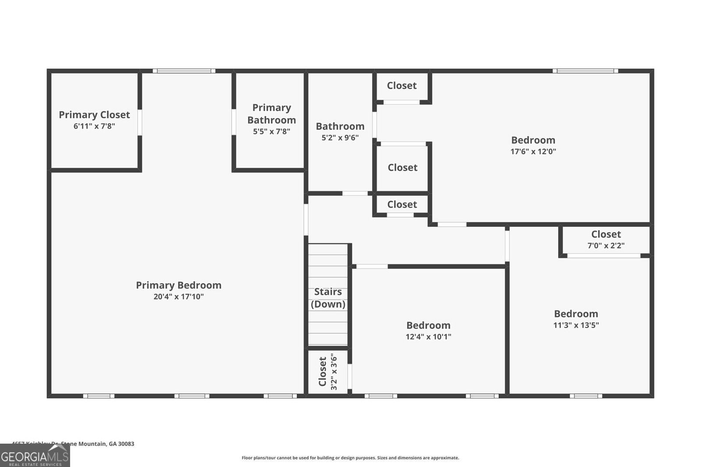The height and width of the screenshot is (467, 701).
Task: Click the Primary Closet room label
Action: pyautogui.click(x=94, y=115)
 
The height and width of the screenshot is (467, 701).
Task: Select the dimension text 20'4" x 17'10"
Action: pyautogui.click(x=178, y=297)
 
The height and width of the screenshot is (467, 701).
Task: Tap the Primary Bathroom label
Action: pyautogui.click(x=271, y=114)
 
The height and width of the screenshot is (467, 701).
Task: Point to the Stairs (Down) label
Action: pyautogui.click(x=328, y=298)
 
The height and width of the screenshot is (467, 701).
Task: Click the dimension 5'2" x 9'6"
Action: pyautogui.click(x=340, y=137)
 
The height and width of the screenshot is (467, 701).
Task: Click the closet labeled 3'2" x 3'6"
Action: pyautogui.click(x=328, y=372)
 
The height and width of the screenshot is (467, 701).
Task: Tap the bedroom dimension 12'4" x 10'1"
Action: pyautogui.click(x=428, y=337)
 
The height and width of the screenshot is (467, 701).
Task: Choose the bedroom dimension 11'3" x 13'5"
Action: pyautogui.click(x=576, y=325)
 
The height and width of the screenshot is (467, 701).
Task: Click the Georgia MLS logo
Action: pyautogui.click(x=35, y=456)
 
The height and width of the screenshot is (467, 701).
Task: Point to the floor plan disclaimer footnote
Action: pyautogui.click(x=350, y=458)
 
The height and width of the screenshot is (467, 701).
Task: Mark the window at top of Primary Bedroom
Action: pyautogui.click(x=184, y=71)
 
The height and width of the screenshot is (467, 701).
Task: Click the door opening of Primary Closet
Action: pyautogui.click(x=140, y=122)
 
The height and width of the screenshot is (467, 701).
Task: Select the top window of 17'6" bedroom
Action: pyautogui.click(x=585, y=71)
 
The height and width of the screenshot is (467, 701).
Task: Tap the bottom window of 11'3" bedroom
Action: pyautogui.click(x=586, y=396)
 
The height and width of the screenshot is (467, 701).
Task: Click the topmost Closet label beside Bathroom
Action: pyautogui.click(x=401, y=86)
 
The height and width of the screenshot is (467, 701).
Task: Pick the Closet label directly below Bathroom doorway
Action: pyautogui.click(x=402, y=204)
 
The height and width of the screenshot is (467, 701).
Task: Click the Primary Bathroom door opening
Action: pyautogui.click(x=234, y=122)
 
